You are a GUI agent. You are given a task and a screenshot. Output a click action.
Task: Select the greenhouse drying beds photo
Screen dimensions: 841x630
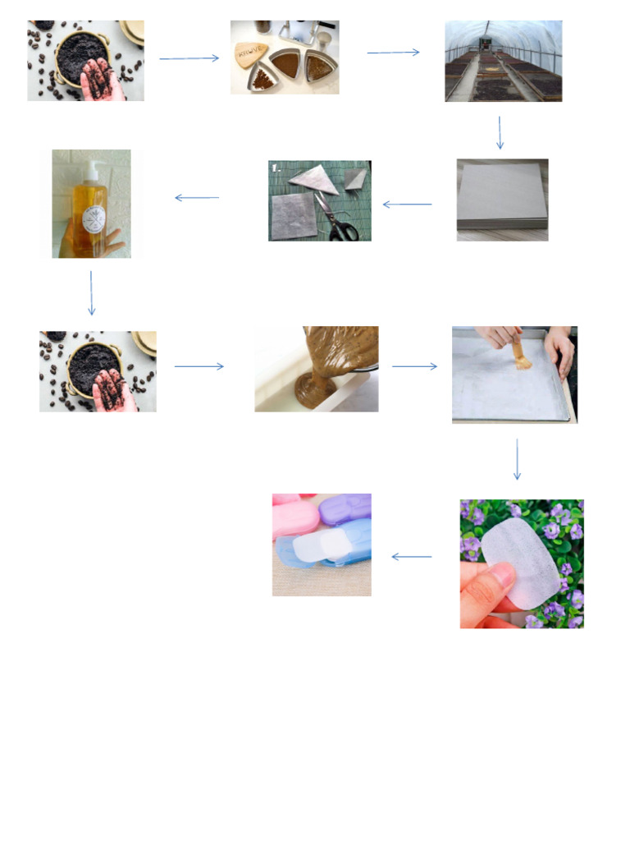click(503, 61)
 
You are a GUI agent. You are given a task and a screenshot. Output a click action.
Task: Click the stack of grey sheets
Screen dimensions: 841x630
click(501, 200)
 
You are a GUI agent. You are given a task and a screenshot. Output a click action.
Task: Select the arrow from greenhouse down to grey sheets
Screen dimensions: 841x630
click(500, 132)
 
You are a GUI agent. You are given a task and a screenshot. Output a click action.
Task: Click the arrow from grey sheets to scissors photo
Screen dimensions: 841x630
click(407, 204)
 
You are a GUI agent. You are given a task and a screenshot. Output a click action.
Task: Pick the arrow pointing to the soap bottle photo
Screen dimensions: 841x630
click(197, 197)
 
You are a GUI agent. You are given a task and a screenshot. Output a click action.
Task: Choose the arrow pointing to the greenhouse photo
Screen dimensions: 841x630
click(393, 53)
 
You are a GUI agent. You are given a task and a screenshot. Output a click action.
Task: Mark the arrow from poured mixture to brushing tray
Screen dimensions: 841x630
click(415, 366)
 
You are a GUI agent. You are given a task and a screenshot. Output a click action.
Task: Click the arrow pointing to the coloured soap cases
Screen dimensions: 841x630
click(412, 557)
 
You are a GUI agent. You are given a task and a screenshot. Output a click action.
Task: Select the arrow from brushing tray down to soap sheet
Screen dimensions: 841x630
click(517, 459)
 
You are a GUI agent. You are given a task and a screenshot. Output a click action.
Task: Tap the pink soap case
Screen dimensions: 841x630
click(288, 503)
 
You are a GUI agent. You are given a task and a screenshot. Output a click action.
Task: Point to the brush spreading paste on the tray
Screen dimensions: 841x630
click(519, 356)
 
